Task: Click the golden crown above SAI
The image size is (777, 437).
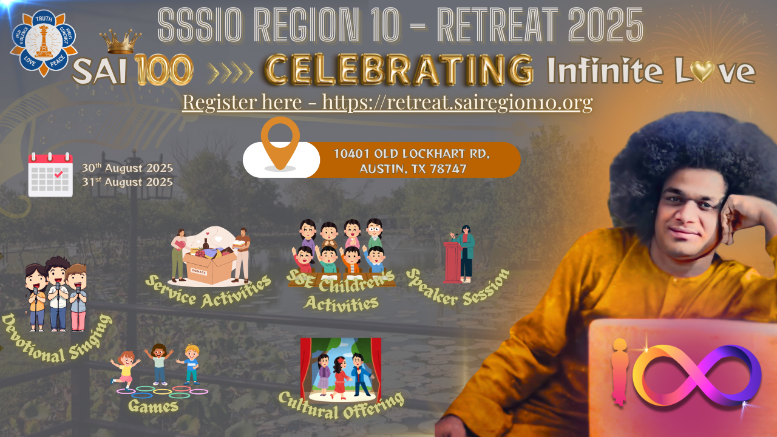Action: pos(120,42)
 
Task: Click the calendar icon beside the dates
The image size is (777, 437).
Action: pos(50,175)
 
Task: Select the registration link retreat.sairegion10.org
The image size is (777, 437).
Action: pos(457,103)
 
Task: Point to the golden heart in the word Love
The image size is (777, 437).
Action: pos(702,72)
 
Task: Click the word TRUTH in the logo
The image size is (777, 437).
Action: pos(44,19)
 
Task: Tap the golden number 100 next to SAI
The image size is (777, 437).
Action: pos(164,70)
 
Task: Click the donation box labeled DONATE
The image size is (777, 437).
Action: pos(209,268)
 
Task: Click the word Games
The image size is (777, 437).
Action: pos(153,406)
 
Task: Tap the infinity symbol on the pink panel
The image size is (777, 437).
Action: pos(696,375)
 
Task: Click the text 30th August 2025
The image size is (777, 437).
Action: pos(127,168)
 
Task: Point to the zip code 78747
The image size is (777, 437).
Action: pos(448,169)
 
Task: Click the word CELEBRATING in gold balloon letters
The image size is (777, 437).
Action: pos(399,69)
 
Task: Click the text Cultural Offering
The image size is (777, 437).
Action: pos(342,406)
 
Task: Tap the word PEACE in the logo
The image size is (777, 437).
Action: pos(57,61)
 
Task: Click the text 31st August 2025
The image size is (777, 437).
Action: pos(127,182)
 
